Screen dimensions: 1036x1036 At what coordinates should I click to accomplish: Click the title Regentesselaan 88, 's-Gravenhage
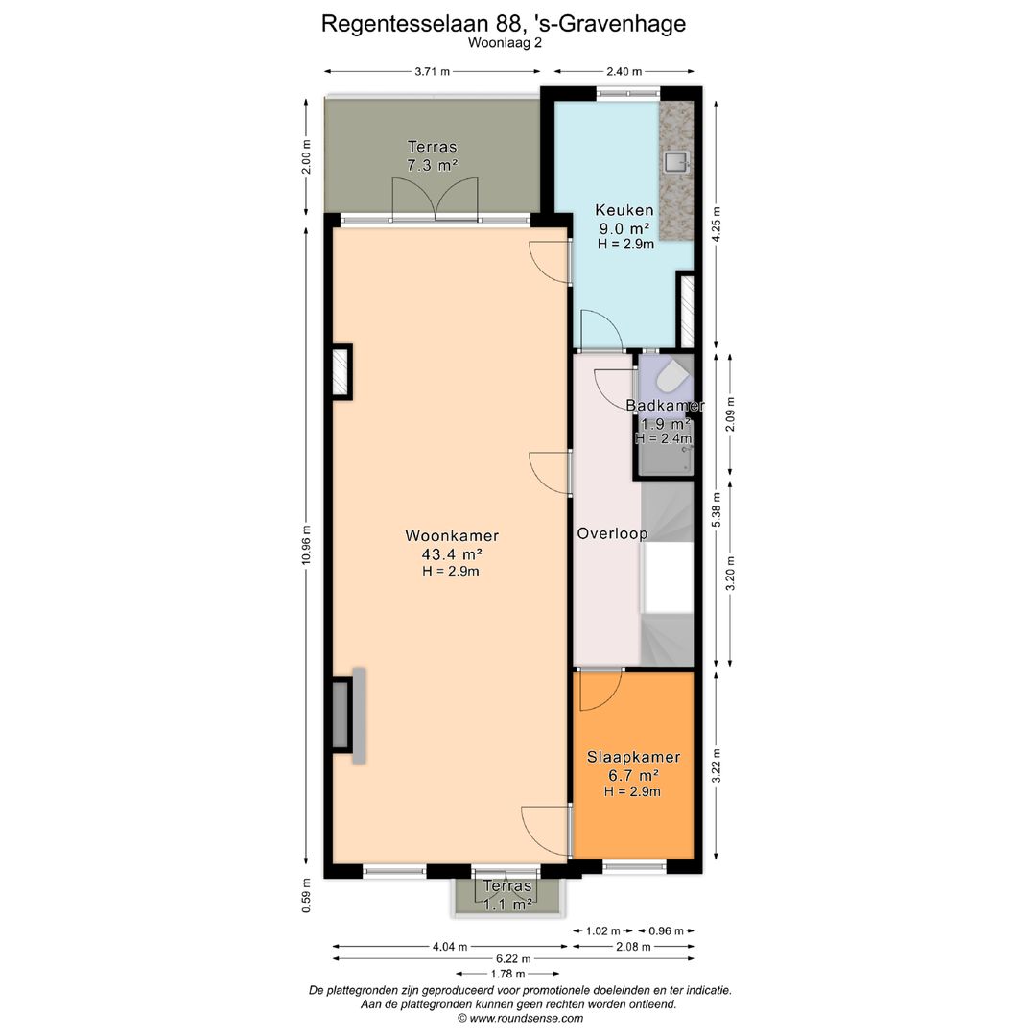[x=504, y=24]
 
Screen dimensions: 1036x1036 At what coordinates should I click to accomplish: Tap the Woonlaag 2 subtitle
[x=505, y=43]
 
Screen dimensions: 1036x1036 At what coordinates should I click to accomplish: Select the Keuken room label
[x=624, y=210]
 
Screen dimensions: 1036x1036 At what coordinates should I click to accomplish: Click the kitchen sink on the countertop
[x=676, y=161]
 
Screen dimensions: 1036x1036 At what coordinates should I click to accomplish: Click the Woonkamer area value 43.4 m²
[x=451, y=553]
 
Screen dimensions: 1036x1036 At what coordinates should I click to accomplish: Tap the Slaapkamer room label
[x=633, y=757]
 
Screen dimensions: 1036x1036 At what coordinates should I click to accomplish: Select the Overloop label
[x=612, y=533]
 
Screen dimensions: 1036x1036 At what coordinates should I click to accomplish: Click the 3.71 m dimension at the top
[x=433, y=72]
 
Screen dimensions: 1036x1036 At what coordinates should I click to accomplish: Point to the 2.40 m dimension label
[x=624, y=72]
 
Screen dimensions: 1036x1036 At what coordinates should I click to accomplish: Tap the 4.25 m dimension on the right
[x=715, y=224]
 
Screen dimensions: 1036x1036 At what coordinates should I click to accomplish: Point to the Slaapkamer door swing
[x=600, y=689]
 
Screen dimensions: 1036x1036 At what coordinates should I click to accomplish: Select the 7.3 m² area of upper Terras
[x=432, y=166]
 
